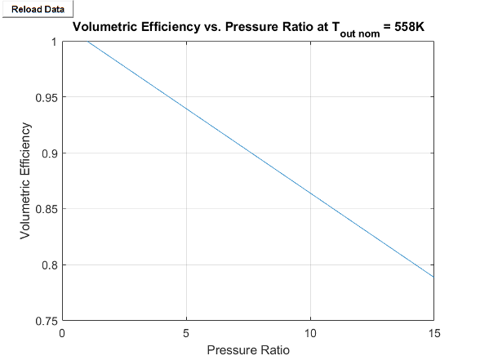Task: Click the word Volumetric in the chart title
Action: (106, 27)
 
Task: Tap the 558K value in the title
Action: (409, 27)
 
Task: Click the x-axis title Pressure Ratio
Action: (248, 351)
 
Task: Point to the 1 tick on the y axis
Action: (54, 42)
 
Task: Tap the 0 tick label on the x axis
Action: (63, 332)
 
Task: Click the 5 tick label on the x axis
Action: (187, 332)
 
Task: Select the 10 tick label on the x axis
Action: (310, 332)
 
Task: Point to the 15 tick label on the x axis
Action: (433, 332)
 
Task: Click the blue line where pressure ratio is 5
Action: (187, 109)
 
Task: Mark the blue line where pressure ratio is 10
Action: (310, 193)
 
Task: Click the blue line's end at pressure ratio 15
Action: (433, 278)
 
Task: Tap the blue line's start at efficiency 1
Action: (88, 42)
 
